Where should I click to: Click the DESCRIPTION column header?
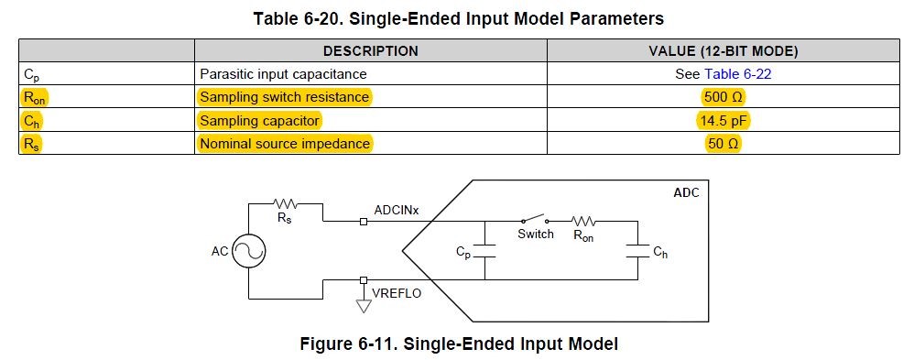tap(371, 50)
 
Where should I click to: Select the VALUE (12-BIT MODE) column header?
tap(723, 50)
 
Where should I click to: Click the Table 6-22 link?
tap(737, 74)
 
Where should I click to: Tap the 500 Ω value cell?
tap(723, 97)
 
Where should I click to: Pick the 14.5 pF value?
tap(723, 120)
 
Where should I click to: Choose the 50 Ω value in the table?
tap(723, 143)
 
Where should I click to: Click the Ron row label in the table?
tap(35, 97)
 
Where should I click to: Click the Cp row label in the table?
tap(31, 75)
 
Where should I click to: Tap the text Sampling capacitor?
tap(259, 120)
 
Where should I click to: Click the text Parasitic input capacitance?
tap(283, 74)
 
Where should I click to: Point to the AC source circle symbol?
tap(248, 252)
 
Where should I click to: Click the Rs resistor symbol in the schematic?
tap(286, 203)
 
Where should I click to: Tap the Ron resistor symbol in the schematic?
tap(582, 221)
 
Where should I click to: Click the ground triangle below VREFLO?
tap(364, 306)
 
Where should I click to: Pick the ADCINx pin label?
tap(397, 210)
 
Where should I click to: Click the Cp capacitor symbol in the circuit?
tap(485, 251)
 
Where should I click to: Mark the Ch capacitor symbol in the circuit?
tap(637, 251)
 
